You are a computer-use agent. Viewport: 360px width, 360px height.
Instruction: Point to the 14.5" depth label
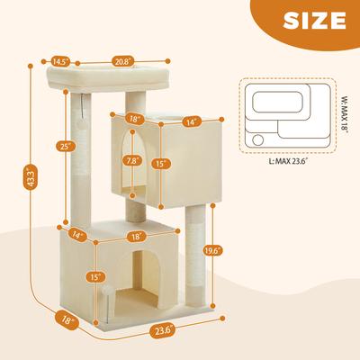(x=60, y=62)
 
